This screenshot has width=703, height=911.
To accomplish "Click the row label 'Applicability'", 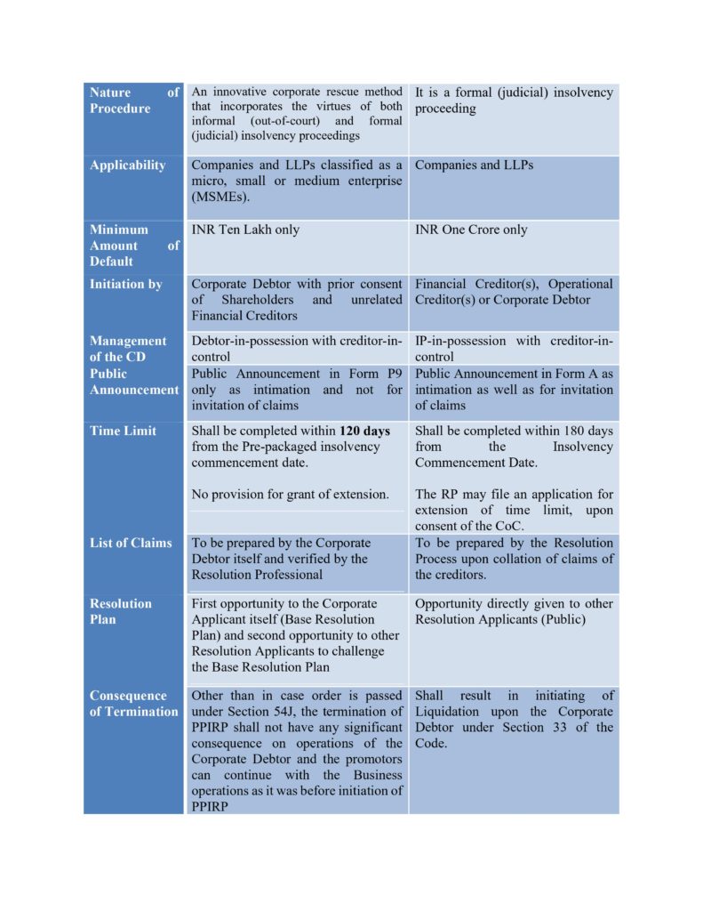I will coord(127,165).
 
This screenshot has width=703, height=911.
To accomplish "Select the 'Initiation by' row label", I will coord(125,285).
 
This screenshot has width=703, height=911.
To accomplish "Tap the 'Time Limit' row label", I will coord(123,431).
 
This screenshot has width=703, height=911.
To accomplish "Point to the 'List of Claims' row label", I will coord(131,543).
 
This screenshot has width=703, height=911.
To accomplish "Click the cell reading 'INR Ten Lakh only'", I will coord(246,230).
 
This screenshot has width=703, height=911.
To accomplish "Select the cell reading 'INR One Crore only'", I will coord(471,230).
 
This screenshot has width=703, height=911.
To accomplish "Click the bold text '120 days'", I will coord(364,431).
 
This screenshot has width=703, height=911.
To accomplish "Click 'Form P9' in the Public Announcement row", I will coord(373,374).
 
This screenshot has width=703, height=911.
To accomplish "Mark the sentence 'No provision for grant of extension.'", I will coord(291,495).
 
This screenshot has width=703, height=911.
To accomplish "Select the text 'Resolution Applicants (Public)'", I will coord(500,619).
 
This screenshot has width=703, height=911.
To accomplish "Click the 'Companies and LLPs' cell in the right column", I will coord(475,165).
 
